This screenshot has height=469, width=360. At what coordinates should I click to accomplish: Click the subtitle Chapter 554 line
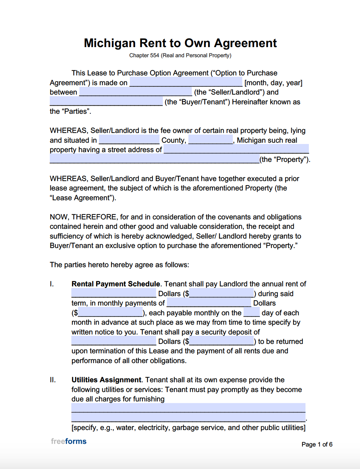pos(180,56)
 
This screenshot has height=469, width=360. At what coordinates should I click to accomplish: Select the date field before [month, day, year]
pos(186,82)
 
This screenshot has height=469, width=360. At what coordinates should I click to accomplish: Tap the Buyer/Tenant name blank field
pos(106,101)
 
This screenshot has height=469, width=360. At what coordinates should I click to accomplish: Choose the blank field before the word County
pos(129,140)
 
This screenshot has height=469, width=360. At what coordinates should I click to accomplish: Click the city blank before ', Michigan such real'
pos(211,140)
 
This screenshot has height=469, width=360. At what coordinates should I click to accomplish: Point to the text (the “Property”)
pos(285,159)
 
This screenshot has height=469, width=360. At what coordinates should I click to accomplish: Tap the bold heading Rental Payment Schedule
pos(116,284)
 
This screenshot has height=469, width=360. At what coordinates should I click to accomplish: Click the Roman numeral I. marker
pos(52,284)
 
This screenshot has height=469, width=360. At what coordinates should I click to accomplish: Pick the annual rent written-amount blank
pos(114,293)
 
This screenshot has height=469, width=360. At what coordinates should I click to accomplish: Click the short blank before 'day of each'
pos(251,313)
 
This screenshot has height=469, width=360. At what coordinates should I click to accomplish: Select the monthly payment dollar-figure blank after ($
pos(110,313)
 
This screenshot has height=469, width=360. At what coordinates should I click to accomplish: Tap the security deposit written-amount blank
pos(114,341)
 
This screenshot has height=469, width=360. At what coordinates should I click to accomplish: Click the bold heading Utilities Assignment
pos(106,380)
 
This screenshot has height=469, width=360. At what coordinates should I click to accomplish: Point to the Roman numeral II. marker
pos(53,380)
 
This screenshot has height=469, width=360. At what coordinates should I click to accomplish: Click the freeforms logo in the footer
pos(69,441)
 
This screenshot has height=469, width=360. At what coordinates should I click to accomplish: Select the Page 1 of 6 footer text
pos(317,444)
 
